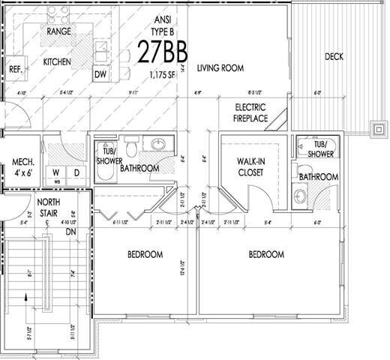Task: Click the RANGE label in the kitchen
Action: [x=58, y=31]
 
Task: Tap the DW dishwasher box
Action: [x=100, y=74]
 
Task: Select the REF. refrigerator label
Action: [x=15, y=68]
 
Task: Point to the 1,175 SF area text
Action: [x=163, y=74]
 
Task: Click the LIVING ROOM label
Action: [x=220, y=68]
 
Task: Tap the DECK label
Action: [x=334, y=57]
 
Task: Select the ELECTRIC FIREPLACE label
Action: [x=251, y=112]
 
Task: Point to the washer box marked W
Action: [x=55, y=172]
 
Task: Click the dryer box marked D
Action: [x=76, y=172]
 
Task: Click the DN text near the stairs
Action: [x=72, y=232]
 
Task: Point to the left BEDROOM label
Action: [x=145, y=254]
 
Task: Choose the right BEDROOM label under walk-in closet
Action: [x=265, y=254]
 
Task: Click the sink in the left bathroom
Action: [x=158, y=144]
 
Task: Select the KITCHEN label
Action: [x=57, y=61]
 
